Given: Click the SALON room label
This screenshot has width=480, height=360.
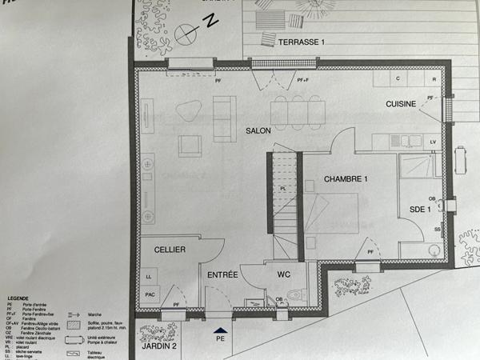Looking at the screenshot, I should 258,130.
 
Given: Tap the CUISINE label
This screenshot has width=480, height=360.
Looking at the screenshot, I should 402,104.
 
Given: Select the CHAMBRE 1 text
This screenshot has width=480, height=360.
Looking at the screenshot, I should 346,179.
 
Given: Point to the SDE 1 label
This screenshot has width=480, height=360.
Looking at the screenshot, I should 421,209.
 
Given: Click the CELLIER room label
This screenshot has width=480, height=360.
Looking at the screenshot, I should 170,250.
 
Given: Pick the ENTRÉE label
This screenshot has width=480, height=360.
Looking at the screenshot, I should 223,275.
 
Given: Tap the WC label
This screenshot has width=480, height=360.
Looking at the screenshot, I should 283,274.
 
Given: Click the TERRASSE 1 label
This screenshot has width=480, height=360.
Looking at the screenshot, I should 302,41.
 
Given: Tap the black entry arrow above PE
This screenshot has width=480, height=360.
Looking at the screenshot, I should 221,328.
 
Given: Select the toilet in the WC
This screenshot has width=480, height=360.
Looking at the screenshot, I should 295,295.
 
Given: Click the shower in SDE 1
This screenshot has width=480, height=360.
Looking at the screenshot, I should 417,166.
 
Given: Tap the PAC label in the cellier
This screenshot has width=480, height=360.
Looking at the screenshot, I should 150,295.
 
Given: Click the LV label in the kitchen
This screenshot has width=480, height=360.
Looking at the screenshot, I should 433,142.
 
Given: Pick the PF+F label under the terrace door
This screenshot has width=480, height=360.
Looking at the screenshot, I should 302,80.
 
